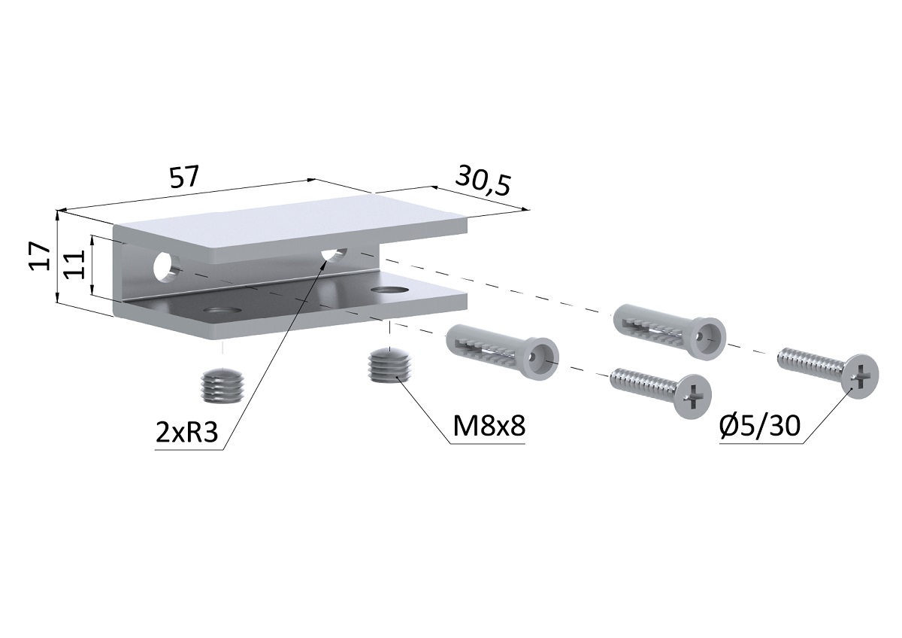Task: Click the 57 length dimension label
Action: (184, 177)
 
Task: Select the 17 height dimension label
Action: (40, 257)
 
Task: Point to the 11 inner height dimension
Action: (75, 265)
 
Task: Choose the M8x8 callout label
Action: (489, 426)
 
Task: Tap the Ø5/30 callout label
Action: (759, 426)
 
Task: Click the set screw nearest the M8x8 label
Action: (391, 366)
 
